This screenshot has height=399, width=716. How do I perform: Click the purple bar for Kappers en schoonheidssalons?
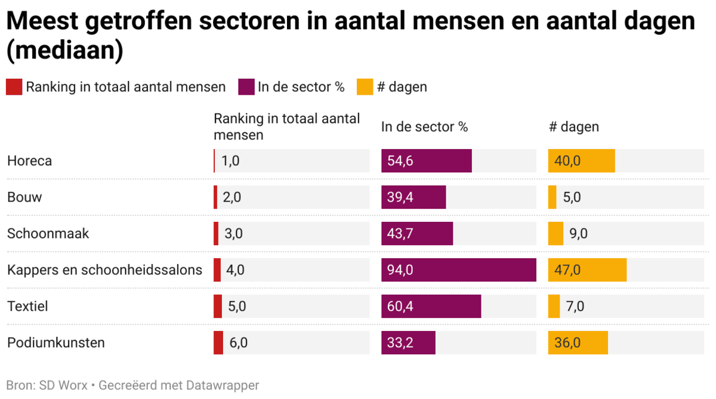(x=458, y=270)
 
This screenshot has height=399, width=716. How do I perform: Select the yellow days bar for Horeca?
(x=581, y=161)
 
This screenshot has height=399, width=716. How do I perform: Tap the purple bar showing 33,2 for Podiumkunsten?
(x=408, y=343)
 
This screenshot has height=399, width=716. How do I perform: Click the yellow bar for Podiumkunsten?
(x=578, y=343)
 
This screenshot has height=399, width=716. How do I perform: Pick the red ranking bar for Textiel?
(x=218, y=307)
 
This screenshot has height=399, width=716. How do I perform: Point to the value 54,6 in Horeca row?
(x=400, y=161)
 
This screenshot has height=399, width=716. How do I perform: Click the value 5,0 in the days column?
(x=572, y=197)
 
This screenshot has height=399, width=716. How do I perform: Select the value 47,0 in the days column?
(x=567, y=270)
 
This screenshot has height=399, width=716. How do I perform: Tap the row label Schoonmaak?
(x=48, y=234)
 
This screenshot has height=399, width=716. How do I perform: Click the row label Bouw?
(x=24, y=197)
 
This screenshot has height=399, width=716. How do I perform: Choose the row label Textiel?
(x=27, y=307)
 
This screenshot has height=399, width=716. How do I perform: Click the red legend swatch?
(x=14, y=87)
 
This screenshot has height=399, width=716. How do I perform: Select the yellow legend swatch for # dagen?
(x=365, y=87)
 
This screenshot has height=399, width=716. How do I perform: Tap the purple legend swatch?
(x=246, y=87)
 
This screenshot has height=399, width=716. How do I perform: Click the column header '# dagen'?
(x=573, y=127)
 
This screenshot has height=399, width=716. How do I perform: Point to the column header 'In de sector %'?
(x=424, y=127)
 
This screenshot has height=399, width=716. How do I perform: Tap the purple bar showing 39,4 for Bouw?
(x=413, y=197)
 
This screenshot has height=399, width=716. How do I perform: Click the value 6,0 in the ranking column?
(x=238, y=343)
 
